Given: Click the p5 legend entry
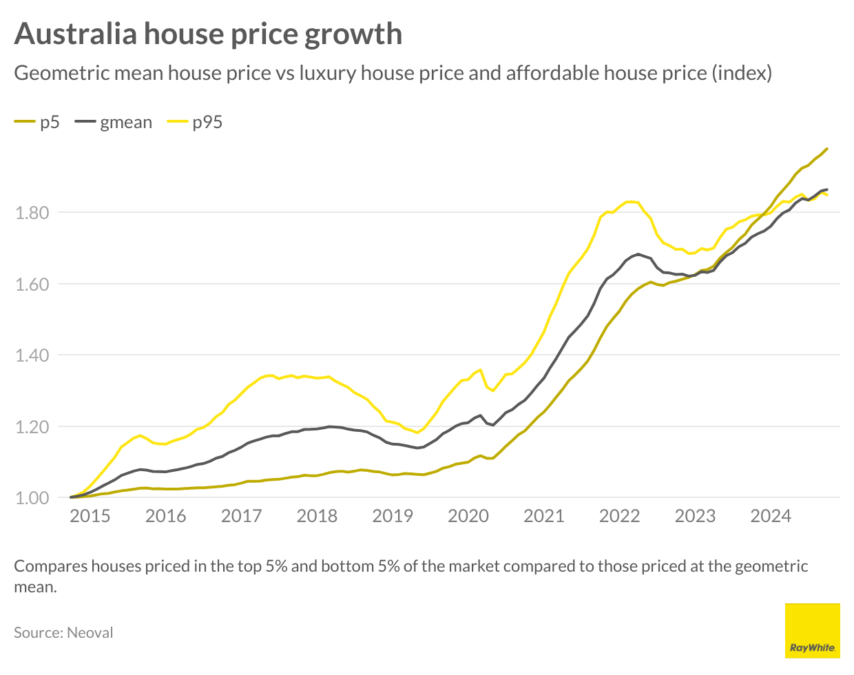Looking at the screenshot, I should pos(37,123).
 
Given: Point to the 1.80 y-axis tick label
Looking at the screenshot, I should pos(32,212).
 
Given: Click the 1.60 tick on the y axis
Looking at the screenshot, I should pos(32,284).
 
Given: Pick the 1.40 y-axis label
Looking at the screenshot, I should pos(32,355).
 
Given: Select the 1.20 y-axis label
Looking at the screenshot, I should pos(32,427).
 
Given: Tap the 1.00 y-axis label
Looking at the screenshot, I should pos(32,498).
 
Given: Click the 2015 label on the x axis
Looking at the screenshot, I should pos(90,516).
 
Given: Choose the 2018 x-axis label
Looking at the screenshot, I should pos(317,516).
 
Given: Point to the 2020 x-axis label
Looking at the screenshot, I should pos(468,516).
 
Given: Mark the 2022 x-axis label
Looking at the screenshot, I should pos(620,516).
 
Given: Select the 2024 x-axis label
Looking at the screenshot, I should pos(771,516).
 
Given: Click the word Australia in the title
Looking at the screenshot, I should pos(76,34).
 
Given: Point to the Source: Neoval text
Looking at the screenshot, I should pos(63,632).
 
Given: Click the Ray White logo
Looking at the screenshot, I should pos(812,630).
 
